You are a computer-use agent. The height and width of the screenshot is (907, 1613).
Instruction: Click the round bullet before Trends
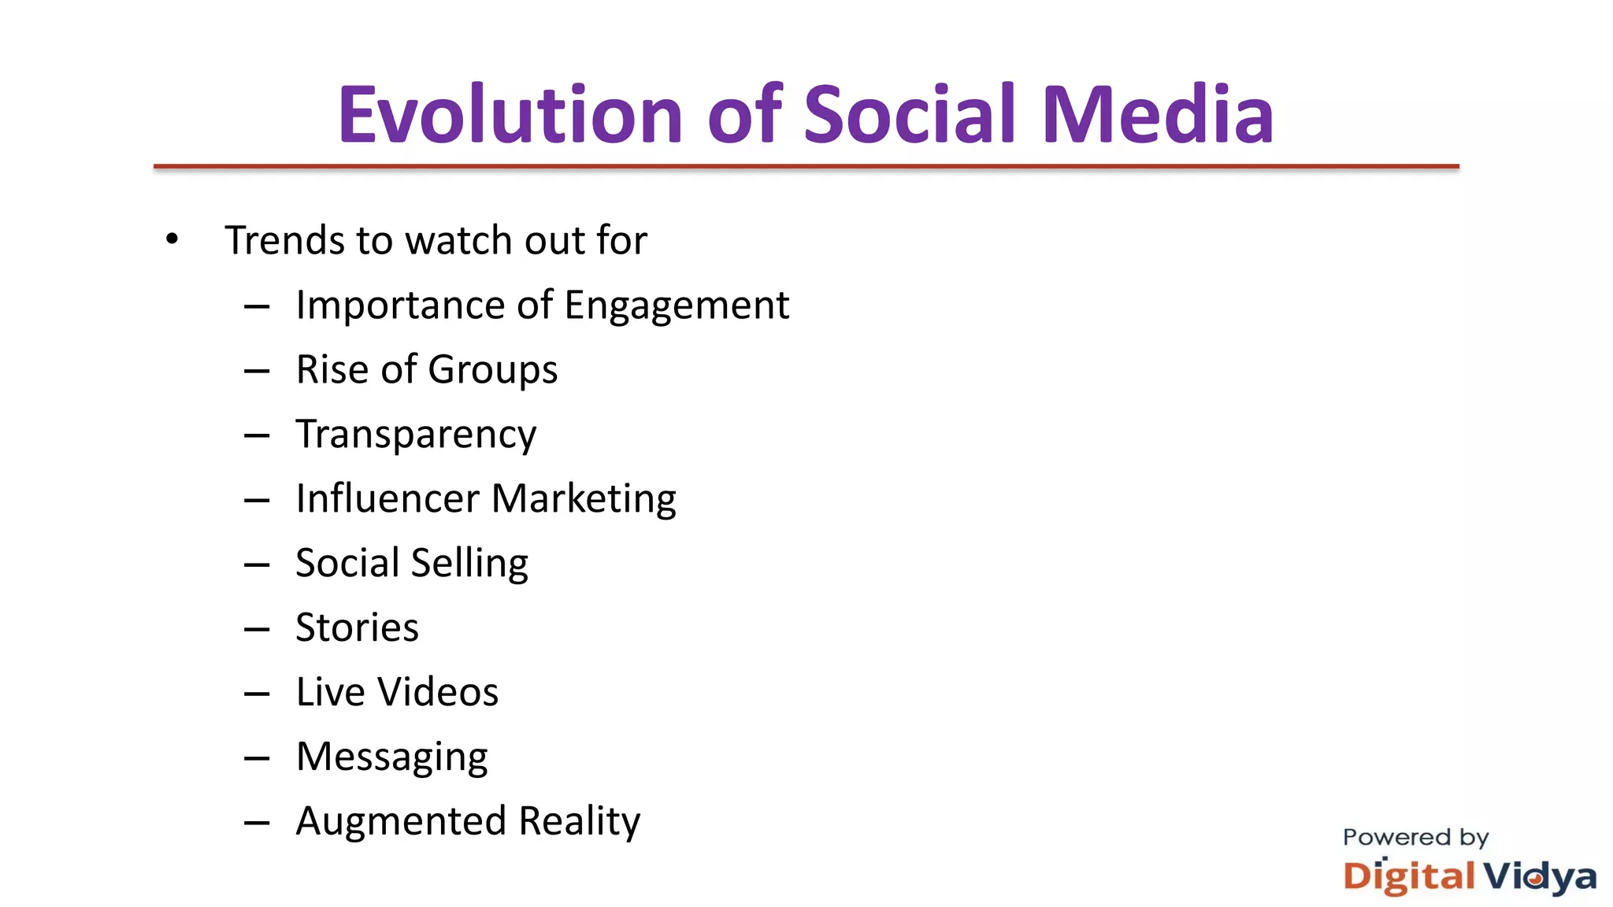pos(172,239)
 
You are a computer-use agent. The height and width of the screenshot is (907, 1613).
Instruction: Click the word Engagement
pos(677,305)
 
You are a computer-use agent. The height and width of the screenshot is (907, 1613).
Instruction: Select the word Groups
pos(492,371)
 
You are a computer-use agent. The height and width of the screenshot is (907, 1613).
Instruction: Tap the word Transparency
pos(416,435)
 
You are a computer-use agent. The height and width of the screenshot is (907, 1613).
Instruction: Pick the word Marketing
pos(584,500)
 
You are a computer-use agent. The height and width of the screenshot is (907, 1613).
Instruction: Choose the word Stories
pos(357,627)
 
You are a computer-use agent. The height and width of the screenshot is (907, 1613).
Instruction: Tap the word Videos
pos(438,692)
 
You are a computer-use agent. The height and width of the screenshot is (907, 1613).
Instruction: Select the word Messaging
pos(391,758)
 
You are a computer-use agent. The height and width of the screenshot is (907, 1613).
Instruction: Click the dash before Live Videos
pos(257,694)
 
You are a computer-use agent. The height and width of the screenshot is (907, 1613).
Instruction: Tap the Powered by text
pos(1415,837)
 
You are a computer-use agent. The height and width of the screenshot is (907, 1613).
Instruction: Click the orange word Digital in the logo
pos(1409,877)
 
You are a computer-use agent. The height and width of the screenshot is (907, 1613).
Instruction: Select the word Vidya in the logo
pos(1541,877)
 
